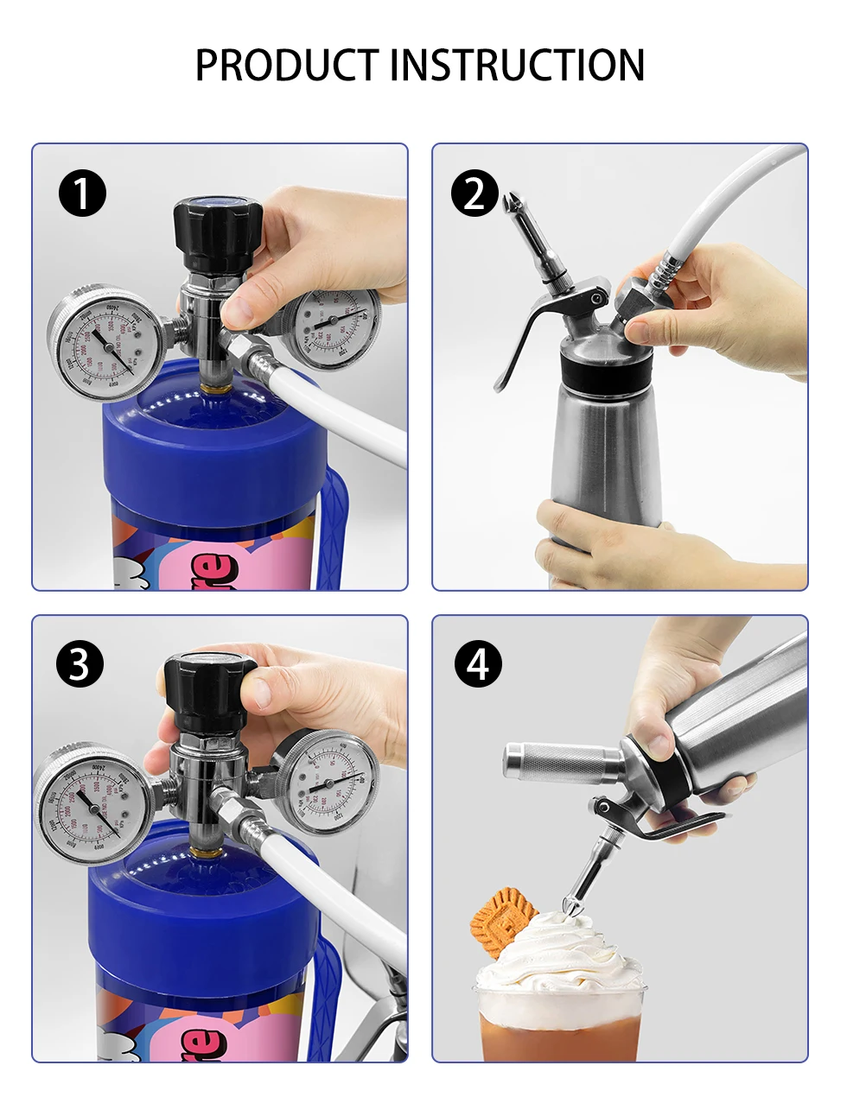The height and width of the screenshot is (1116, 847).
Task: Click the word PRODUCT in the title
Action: click(288, 66)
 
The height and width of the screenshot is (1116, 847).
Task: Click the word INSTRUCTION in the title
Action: click(518, 66)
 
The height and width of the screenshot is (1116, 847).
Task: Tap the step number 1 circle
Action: click(82, 193)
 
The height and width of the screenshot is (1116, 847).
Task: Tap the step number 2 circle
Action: click(474, 193)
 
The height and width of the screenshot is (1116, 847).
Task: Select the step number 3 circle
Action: click(80, 664)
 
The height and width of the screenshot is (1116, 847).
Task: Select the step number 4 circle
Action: click(478, 664)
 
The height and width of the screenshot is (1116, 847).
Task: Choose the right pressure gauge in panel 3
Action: click(328, 782)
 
